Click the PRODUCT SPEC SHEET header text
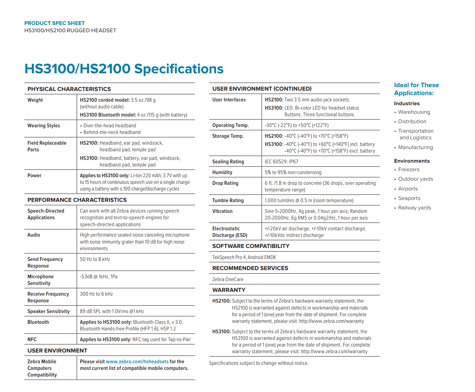[54, 23]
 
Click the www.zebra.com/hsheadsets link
[137, 361]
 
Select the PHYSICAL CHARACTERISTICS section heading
[69, 89]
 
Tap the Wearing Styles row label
[44, 125]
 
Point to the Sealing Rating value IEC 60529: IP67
[281, 161]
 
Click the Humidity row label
[222, 172]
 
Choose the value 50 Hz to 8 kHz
[95, 259]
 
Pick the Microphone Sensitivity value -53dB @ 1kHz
[99, 276]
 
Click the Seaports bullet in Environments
[409, 198]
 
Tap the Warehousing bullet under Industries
[414, 112]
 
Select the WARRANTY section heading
[229, 290]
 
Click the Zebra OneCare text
[228, 279]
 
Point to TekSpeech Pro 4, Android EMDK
[244, 257]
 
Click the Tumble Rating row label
[228, 200]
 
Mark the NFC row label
[32, 339]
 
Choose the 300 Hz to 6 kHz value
[96, 294]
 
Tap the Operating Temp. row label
[230, 125]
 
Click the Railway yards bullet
[415, 208]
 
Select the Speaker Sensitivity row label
[48, 311]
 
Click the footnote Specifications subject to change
[259, 363]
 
